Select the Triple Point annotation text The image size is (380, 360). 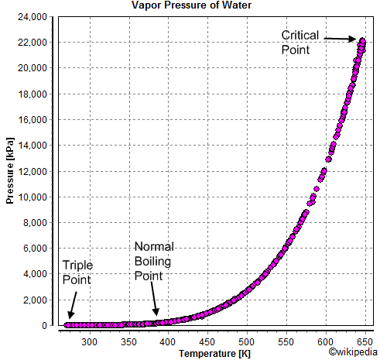pyautogui.click(x=77, y=271)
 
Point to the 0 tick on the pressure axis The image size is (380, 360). pyautogui.click(x=48, y=326)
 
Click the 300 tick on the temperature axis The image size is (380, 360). pyautogui.click(x=89, y=340)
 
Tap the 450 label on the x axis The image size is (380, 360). pyautogui.click(x=207, y=340)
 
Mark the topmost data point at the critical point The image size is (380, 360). pyautogui.click(x=361, y=40)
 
